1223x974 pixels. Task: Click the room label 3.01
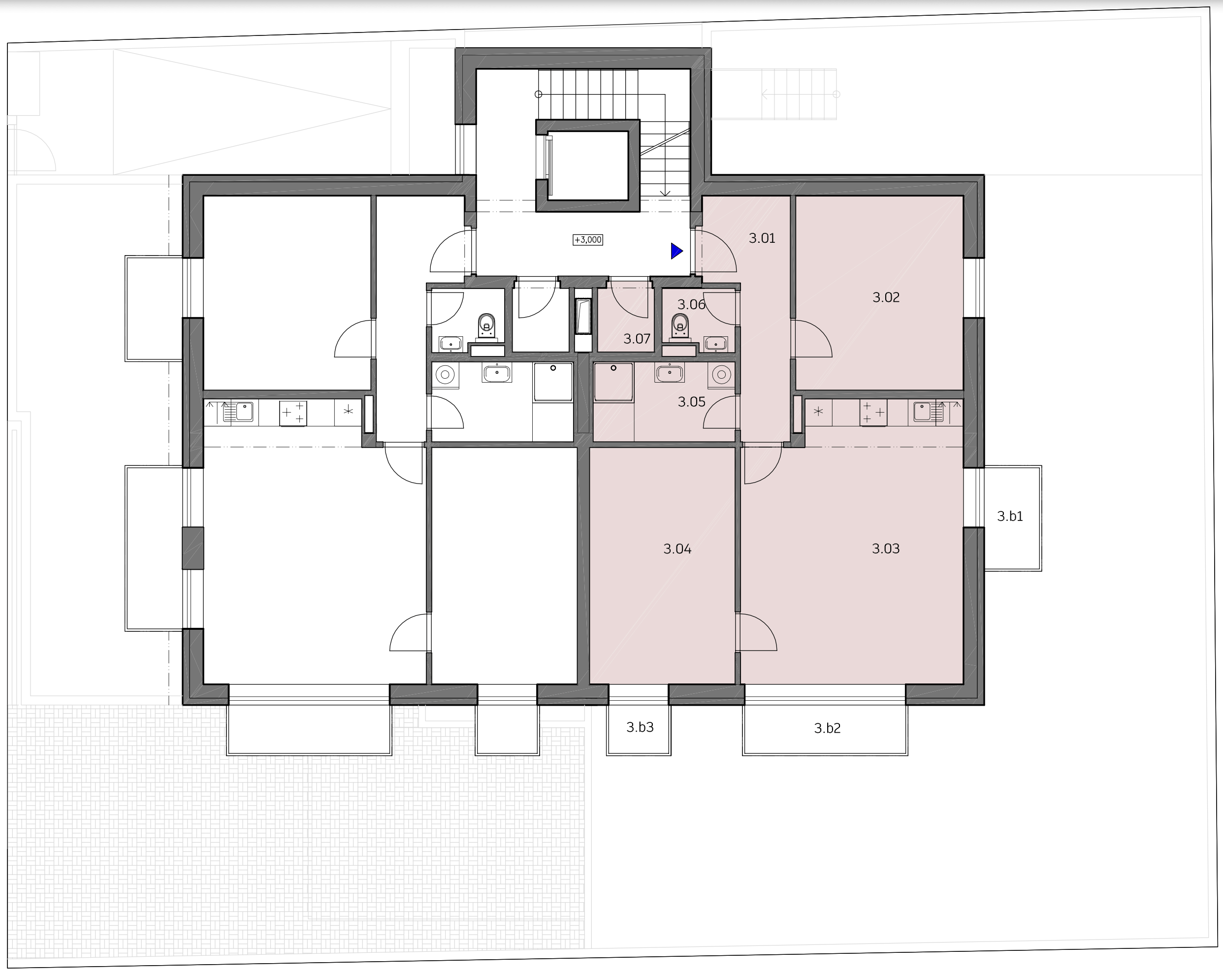pos(762,238)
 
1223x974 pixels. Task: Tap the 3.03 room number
pos(885,549)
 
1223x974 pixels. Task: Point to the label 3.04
pos(677,549)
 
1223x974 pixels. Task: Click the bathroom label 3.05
pos(691,402)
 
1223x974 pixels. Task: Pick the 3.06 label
pos(691,305)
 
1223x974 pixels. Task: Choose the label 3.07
pos(637,339)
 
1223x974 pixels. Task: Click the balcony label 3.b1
pos(1010,516)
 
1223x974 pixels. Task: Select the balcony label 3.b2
pos(827,728)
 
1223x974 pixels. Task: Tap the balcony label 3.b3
pos(640,727)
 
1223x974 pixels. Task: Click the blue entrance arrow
pos(676,251)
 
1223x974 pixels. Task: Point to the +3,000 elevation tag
pos(588,240)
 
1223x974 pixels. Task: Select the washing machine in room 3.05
pos(722,375)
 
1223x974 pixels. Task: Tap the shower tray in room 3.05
pos(613,382)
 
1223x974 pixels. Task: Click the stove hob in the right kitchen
pos(873,413)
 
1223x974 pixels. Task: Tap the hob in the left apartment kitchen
pos(293,414)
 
